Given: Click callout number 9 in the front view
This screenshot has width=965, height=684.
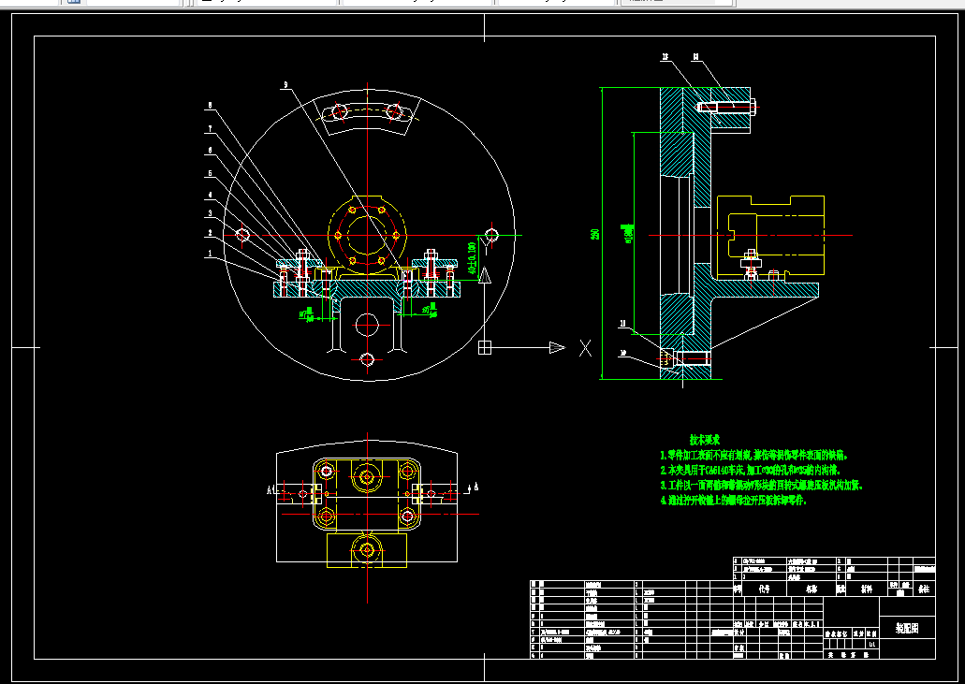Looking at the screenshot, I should click(x=285, y=85).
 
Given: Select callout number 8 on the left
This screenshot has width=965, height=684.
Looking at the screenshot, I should click(x=211, y=105).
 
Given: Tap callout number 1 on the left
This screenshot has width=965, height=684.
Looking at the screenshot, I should click(x=211, y=253).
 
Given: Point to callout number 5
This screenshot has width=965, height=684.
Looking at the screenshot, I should click(x=211, y=173).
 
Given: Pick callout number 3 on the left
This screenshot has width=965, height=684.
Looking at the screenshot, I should click(x=211, y=214).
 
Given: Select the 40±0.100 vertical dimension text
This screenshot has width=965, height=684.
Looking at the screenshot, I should click(x=471, y=255).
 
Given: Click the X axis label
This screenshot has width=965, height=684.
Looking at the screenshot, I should click(x=585, y=349).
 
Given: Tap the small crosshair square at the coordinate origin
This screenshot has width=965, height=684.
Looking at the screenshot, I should click(x=485, y=348).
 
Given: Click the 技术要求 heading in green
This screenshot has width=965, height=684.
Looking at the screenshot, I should click(x=704, y=438).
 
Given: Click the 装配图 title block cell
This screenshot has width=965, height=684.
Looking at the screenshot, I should click(x=907, y=629).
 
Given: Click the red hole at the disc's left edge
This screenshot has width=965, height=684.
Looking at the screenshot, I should click(x=243, y=234).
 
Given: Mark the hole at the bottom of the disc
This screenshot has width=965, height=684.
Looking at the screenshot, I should click(x=367, y=359).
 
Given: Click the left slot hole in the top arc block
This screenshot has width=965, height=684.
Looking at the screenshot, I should click(x=340, y=112).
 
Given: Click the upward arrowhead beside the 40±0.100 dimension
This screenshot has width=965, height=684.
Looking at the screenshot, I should click(x=485, y=276).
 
